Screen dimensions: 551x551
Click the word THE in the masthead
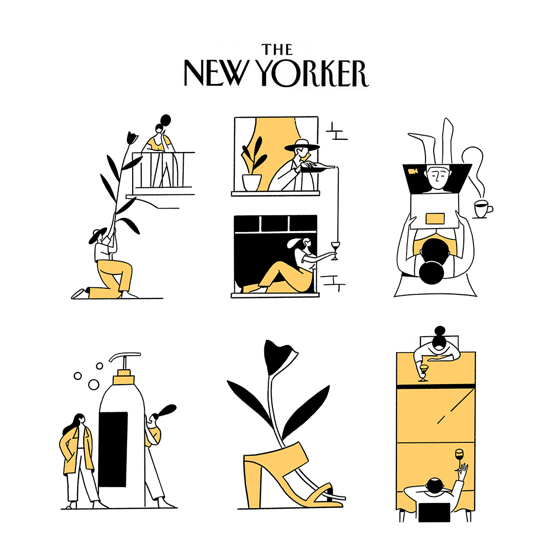coord(277,49)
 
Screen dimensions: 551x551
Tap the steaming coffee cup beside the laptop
coord(483,209)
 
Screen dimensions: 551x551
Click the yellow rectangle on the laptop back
coord(435,218)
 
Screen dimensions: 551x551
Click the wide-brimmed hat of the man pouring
coord(302,145)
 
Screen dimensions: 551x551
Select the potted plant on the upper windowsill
coord(253,164)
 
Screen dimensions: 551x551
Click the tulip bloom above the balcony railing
coord(132,138)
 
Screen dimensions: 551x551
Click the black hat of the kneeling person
coord(97,235)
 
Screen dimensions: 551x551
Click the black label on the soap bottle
coord(113,449)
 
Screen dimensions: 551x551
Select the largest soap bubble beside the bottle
coord(93,385)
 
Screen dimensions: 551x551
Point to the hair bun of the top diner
coord(440,331)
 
